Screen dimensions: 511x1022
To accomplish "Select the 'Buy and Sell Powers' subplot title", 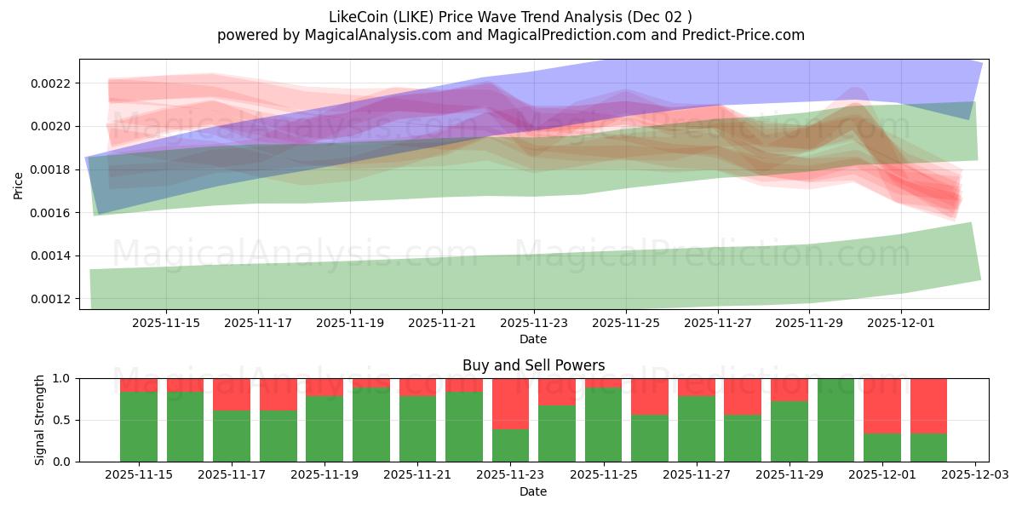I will coord(533,365).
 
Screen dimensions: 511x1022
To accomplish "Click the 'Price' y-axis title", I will coord(19,185).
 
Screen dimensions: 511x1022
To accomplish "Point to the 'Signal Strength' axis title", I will coord(39,420).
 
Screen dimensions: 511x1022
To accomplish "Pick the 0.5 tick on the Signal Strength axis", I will coord(62,421).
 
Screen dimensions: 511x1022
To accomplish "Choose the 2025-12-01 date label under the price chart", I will coord(902,323).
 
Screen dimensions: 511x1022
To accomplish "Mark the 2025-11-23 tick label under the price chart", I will coord(534,323).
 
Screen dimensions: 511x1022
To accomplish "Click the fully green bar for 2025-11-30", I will coord(835,420).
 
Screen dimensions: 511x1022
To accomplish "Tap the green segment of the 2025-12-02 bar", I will coord(928,447).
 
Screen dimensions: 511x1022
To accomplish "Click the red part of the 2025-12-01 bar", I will coord(881,405).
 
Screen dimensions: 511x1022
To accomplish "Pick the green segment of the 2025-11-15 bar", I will coord(138,427).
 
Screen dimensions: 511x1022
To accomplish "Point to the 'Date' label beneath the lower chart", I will coord(533,491).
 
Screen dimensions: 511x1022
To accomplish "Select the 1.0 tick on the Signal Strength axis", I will coord(62,379).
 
